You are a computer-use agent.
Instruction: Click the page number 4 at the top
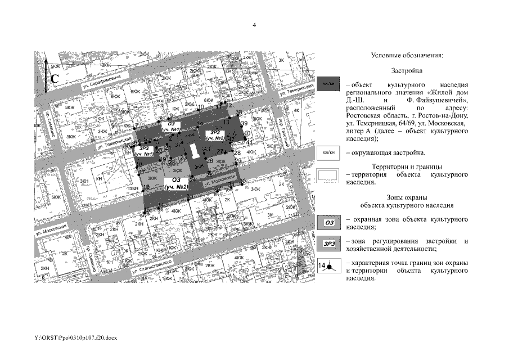click(254, 25)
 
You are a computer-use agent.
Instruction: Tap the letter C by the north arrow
click(55, 79)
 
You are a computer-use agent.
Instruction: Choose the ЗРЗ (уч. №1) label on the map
click(143, 151)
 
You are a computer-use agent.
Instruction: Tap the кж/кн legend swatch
click(328, 152)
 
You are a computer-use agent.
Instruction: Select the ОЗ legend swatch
click(328, 223)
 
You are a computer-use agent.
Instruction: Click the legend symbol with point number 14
click(328, 265)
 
